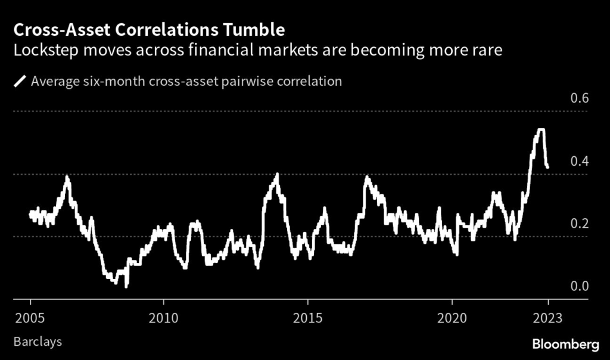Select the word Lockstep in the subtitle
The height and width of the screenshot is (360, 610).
click(43, 50)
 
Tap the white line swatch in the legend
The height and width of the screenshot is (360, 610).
click(20, 81)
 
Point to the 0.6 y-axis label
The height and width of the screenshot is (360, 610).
click(580, 99)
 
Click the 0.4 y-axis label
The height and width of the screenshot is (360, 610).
click(580, 162)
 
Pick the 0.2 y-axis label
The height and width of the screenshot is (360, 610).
click(580, 224)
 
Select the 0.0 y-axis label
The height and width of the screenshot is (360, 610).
click(580, 286)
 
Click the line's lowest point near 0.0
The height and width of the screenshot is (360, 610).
click(126, 286)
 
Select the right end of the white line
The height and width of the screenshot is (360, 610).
click(547, 167)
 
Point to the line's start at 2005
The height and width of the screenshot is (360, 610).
click(30, 213)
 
